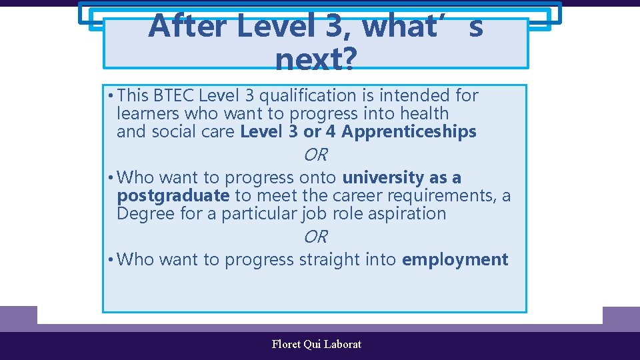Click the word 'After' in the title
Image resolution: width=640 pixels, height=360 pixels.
(188, 27)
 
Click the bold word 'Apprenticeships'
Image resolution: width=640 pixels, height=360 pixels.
(409, 132)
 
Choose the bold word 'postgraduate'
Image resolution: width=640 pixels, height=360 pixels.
(173, 196)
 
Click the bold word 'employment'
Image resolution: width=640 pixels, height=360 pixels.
(455, 259)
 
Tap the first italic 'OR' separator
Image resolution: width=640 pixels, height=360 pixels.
(315, 155)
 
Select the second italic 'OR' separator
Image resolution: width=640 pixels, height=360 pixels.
(315, 237)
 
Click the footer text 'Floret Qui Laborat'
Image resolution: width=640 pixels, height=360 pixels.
(317, 345)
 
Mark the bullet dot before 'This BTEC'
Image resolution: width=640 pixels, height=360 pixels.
(109, 96)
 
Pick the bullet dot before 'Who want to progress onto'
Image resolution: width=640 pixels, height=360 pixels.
(109, 178)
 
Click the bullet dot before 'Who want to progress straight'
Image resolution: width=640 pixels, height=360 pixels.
(109, 259)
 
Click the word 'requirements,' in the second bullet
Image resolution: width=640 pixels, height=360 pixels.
(443, 196)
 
